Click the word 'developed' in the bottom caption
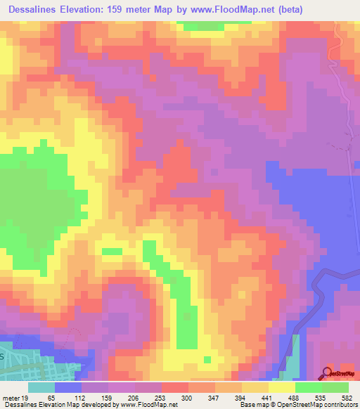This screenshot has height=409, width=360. point(97,405)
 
